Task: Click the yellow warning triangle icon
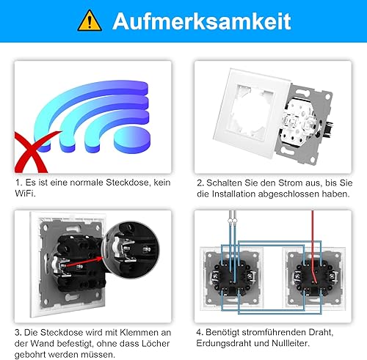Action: [90, 21]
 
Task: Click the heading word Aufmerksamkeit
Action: [202, 21]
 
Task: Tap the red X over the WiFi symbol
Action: [35, 152]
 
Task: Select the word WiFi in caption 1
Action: [25, 194]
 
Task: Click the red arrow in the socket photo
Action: [84, 262]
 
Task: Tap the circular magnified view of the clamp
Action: [130, 250]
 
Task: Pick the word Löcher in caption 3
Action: [156, 343]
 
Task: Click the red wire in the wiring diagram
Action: [313, 247]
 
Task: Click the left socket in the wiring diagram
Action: [231, 279]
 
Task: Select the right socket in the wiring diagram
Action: [314, 279]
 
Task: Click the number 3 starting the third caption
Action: [18, 333]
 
